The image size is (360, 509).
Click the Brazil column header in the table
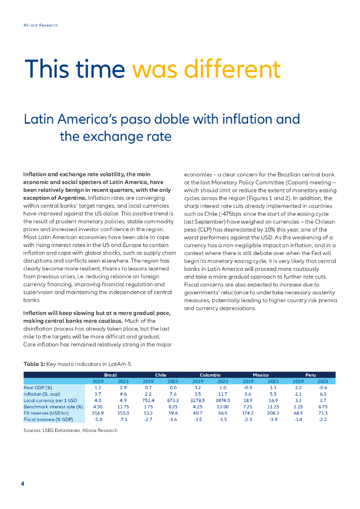coord(110,374)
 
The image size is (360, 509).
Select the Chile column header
coord(160,374)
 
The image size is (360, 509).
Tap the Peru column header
coord(311,374)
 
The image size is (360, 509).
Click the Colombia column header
coord(210,374)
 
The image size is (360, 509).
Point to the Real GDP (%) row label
coord(38,387)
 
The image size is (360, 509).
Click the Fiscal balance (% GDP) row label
coord(48,420)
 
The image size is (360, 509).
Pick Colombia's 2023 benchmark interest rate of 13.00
coord(222,407)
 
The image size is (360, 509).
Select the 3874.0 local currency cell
coord(222,400)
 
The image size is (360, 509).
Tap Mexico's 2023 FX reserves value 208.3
coord(273,413)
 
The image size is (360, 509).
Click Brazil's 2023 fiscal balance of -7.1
coord(123,420)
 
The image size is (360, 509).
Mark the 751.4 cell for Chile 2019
coord(148,400)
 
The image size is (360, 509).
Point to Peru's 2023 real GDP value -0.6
coord(323,387)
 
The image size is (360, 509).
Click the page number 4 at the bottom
coord(23,484)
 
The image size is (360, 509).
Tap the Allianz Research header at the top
coord(41,25)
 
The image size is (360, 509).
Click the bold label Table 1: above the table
coord(34,364)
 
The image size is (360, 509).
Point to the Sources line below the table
coord(70,430)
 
